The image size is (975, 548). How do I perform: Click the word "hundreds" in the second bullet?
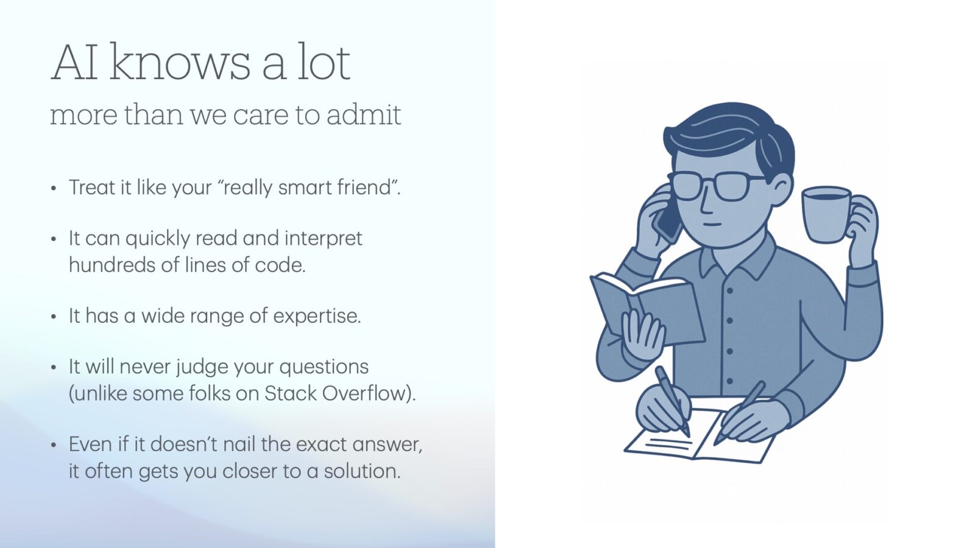pyautogui.click(x=112, y=264)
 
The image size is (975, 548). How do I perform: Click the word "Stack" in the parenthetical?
pyautogui.click(x=290, y=393)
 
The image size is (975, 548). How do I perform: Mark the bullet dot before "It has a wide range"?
pyautogui.click(x=54, y=317)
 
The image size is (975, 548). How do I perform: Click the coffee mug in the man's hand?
pyautogui.click(x=826, y=214)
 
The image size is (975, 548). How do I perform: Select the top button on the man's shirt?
pyautogui.click(x=729, y=290)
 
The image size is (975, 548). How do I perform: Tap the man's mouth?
pyautogui.click(x=712, y=225)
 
